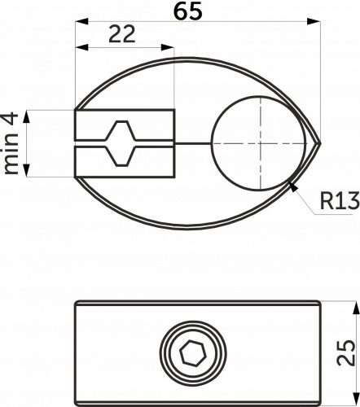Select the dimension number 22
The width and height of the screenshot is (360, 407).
[x=121, y=34]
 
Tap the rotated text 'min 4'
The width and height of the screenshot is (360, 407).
[x=11, y=143]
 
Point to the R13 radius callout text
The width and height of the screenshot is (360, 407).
[x=335, y=201]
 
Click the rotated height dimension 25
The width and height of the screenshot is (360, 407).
[x=346, y=352]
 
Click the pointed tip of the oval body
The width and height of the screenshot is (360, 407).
[x=319, y=144]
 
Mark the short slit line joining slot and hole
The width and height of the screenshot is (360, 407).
[x=192, y=144]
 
